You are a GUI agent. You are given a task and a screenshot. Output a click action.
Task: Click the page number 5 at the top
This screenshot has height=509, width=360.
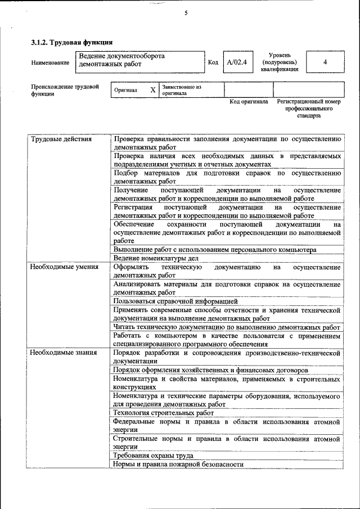[x=186, y=13]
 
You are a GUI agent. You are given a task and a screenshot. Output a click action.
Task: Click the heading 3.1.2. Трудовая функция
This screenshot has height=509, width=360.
[x=71, y=42]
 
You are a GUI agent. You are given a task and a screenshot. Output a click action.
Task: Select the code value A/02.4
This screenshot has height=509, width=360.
[x=237, y=62]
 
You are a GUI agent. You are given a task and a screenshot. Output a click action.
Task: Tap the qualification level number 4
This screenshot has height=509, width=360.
[x=325, y=62]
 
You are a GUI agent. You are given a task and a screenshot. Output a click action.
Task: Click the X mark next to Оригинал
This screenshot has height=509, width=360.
[x=152, y=90]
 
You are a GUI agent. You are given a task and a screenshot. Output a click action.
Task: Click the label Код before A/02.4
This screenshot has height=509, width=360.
[x=213, y=62]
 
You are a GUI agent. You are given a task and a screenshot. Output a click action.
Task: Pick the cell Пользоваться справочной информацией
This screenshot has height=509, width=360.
[x=175, y=301]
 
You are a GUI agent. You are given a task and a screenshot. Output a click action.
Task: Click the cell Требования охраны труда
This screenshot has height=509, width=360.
[x=153, y=455]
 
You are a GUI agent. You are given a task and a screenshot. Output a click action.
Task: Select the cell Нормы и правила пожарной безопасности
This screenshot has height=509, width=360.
[x=178, y=464]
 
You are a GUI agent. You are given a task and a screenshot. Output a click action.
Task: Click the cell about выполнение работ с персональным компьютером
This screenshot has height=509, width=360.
[x=214, y=249]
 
